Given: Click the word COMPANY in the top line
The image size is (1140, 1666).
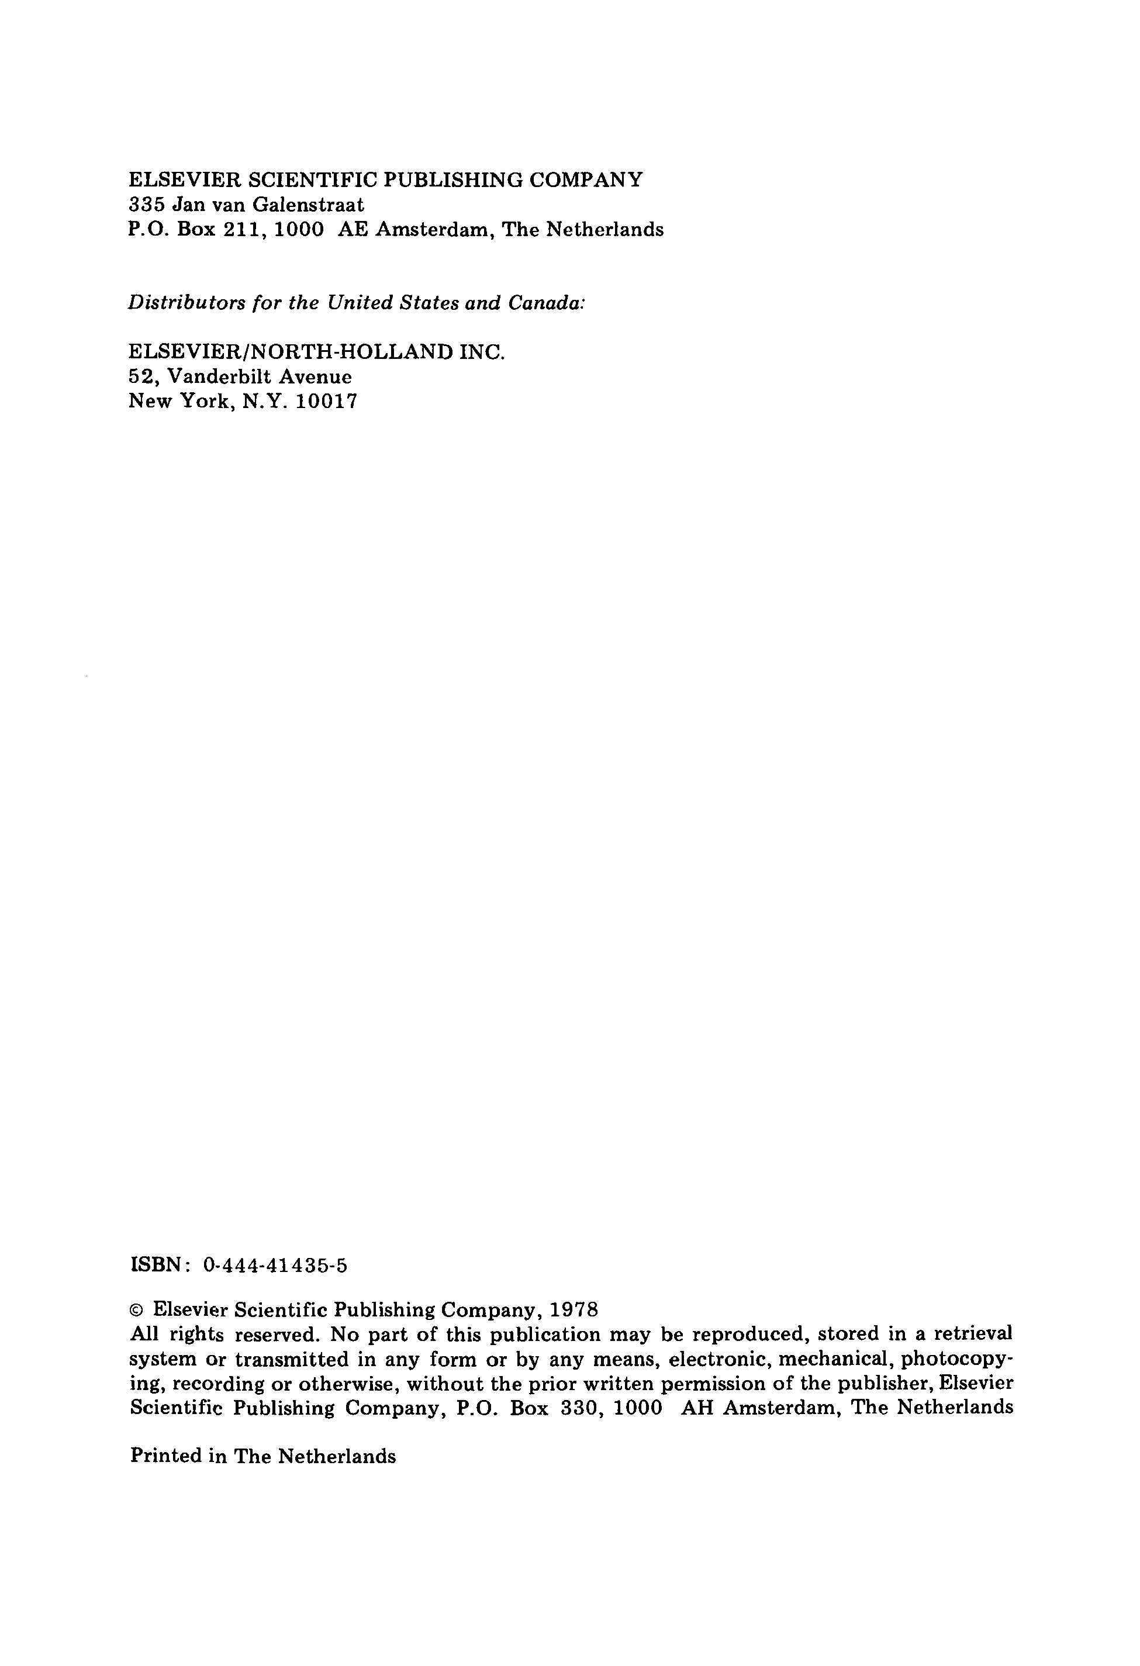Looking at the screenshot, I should point(586,179).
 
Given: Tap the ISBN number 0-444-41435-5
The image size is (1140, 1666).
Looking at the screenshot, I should point(275,1265).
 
